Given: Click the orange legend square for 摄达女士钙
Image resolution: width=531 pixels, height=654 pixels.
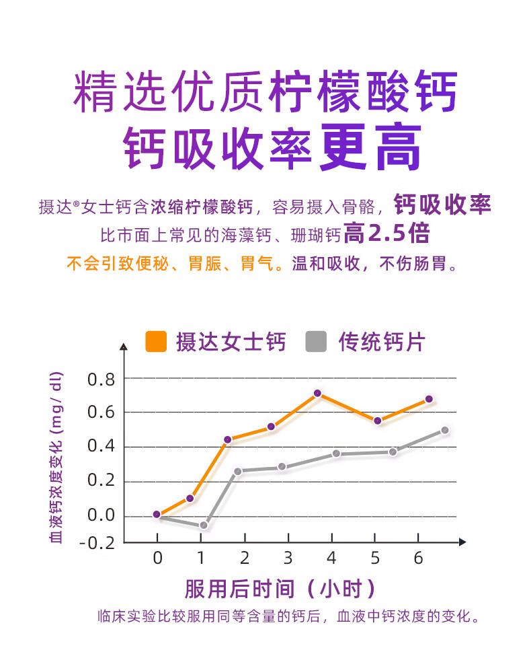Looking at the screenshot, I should pyautogui.click(x=156, y=342).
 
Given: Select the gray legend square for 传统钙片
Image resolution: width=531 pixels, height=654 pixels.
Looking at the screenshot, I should pyautogui.click(x=316, y=342).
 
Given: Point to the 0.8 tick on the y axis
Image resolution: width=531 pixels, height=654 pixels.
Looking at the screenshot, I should pyautogui.click(x=101, y=379).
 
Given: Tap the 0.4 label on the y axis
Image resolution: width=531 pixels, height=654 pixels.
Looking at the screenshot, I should pyautogui.click(x=101, y=447).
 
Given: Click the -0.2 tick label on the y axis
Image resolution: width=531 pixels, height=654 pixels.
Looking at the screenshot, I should pyautogui.click(x=97, y=542).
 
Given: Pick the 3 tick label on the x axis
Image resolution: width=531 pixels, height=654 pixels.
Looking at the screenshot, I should pyautogui.click(x=288, y=558).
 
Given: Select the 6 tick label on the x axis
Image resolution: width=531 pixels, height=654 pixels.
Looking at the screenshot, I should pyautogui.click(x=418, y=558).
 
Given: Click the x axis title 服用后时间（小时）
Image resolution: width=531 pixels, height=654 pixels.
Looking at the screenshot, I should pyautogui.click(x=280, y=589).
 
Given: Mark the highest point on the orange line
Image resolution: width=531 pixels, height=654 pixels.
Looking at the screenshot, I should pyautogui.click(x=317, y=393).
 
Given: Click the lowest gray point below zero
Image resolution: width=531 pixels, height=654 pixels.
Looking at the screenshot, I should pyautogui.click(x=203, y=525).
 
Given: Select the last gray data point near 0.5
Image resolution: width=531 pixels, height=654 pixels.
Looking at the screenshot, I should pyautogui.click(x=444, y=430).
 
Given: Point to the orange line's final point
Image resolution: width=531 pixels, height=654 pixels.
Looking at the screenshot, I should pyautogui.click(x=429, y=399).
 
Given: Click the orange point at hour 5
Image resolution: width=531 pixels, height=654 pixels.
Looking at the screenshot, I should pyautogui.click(x=378, y=421).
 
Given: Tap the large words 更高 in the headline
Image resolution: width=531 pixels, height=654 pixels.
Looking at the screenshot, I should pyautogui.click(x=371, y=147).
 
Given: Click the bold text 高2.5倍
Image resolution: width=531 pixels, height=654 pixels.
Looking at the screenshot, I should pyautogui.click(x=386, y=233).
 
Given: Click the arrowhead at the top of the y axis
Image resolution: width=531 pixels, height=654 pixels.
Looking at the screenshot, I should pyautogui.click(x=123, y=347).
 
